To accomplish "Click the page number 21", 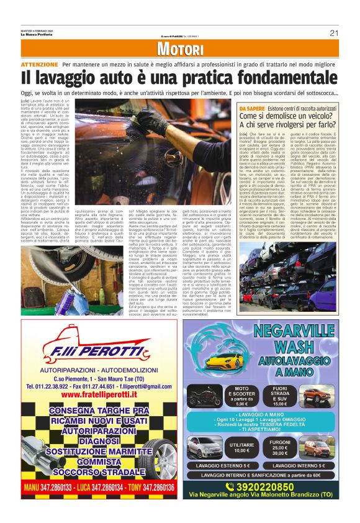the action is [333, 33].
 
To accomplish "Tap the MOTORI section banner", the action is [180, 50].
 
